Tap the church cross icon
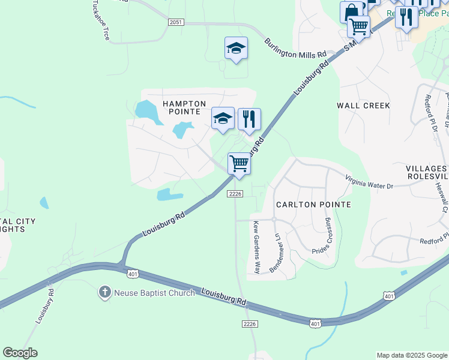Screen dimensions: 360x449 [105, 293]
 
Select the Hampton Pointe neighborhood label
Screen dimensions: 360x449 [184, 108]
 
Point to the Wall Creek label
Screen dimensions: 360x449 [363, 106]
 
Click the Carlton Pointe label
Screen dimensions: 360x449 [313, 205]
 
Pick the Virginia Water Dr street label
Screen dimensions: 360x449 [369, 181]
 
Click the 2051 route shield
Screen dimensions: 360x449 [175, 22]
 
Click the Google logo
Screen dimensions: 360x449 [20, 353]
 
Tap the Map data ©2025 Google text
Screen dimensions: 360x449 [412, 355]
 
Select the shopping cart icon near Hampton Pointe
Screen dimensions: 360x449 [239, 164]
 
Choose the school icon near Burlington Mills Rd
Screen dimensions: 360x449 [236, 49]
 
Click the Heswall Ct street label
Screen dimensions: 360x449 [442, 197]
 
